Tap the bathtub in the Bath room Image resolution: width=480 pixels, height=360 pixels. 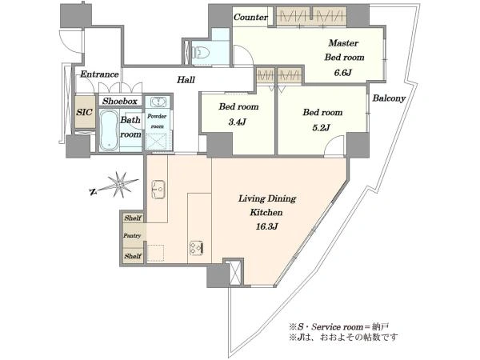pos(109,130)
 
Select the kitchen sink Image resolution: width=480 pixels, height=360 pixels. pos(158,190)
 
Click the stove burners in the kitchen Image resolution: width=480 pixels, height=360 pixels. pos(196,248)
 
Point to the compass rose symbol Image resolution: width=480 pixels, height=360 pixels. pos(119,185)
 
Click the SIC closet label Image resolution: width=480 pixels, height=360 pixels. pos(84,112)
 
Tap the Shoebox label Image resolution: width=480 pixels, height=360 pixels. pos(120,101)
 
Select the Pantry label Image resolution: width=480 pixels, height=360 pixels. pos(132,235)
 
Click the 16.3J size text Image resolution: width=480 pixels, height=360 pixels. pos(266,226)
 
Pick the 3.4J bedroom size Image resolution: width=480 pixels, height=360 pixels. pos(238,122)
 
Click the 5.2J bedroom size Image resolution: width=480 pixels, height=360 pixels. pos(321,127)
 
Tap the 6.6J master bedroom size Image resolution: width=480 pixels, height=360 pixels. pos(343,73)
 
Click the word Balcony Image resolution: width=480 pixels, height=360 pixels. pos(389,98)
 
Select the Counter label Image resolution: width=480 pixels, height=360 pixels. pos(250,17)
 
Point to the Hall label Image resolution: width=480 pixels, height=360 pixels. pos(186,80)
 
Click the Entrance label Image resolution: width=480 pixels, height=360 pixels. pos(99,74)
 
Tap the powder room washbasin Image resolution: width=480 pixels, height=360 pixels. pos(158,102)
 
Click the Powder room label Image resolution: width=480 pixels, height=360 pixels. pos(157,121)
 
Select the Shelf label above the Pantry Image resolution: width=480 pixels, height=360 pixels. pos(133,218)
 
